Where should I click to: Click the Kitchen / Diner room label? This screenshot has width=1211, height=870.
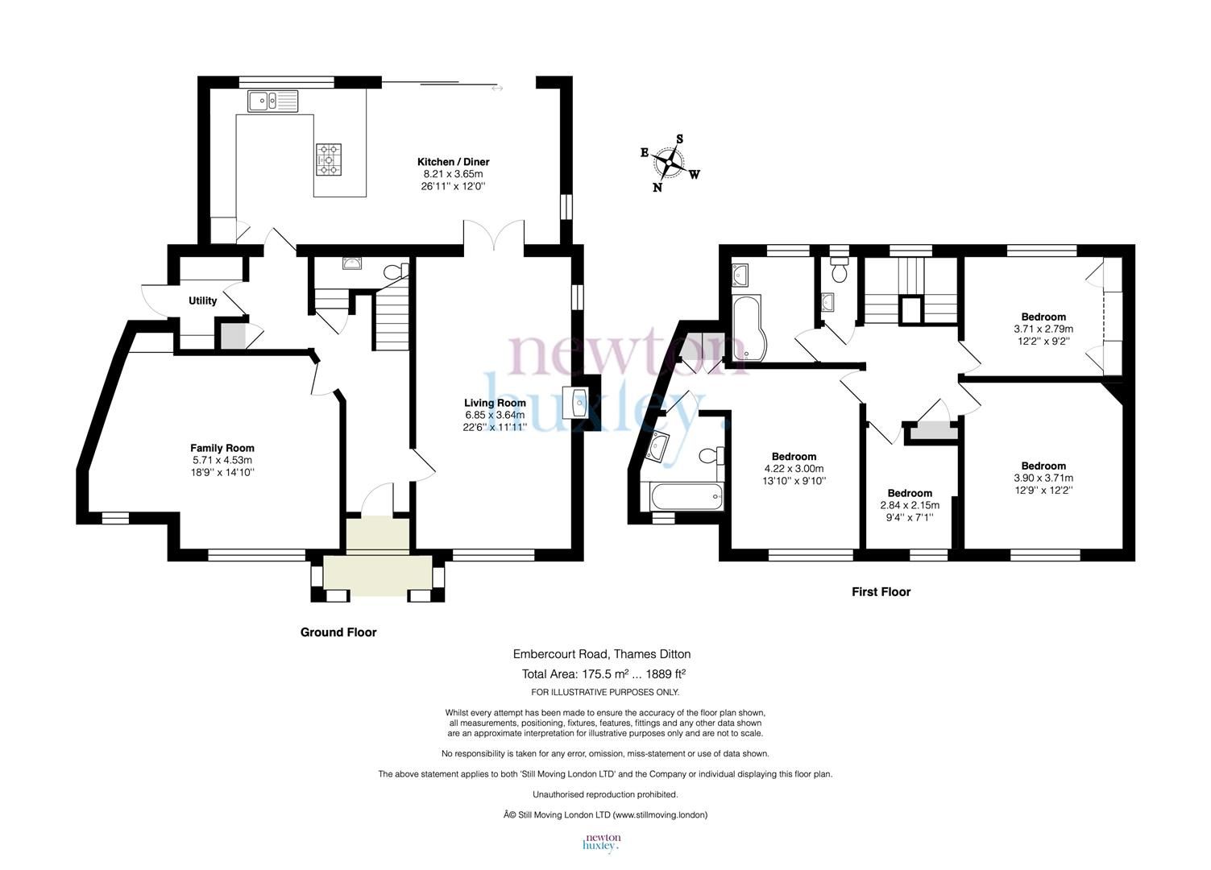453,162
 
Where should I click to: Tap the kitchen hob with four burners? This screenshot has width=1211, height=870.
328,159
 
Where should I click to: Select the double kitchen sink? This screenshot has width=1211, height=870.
273,101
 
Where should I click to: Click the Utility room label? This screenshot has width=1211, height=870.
202,300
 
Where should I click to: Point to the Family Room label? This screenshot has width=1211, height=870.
222,448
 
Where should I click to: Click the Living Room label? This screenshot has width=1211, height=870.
495,403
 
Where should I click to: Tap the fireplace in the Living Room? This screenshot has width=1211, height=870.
579,403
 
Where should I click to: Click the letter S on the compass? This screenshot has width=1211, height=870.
680,139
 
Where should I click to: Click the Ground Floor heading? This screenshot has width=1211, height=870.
338,632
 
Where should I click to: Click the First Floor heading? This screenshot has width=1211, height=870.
881,592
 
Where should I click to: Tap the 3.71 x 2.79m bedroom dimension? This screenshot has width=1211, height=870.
1043,329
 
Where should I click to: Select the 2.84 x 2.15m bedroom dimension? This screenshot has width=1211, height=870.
910,505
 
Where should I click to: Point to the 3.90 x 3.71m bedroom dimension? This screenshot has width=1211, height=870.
1043,478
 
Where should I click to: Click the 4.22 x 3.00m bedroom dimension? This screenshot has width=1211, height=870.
794,468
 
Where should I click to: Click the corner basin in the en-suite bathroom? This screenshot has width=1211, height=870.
661,444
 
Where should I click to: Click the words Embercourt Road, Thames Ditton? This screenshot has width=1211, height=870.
602,654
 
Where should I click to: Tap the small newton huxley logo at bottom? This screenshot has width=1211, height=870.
601,843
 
